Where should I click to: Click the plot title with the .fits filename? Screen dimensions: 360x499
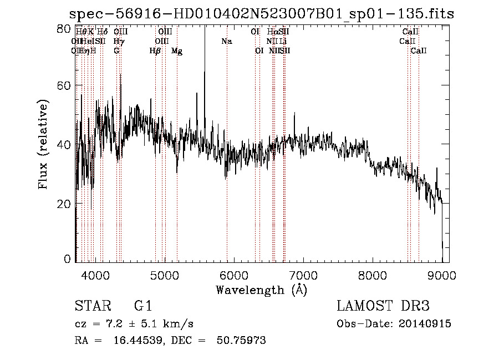[x=261, y=14]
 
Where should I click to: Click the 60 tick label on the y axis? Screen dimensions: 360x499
[x=66, y=85]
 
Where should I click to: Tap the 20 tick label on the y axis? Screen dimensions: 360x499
[x=66, y=204]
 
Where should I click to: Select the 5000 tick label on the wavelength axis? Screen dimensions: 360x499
[x=165, y=275]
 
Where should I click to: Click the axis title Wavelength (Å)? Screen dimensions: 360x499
[x=261, y=290]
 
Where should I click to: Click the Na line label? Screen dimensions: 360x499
[x=226, y=42]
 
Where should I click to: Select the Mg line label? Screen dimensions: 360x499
[x=177, y=51]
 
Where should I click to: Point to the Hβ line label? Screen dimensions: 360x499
[x=155, y=51]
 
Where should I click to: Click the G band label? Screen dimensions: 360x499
[x=116, y=51]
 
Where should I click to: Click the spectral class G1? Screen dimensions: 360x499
[x=143, y=306]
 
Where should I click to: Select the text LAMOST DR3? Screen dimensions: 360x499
[x=383, y=306]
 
